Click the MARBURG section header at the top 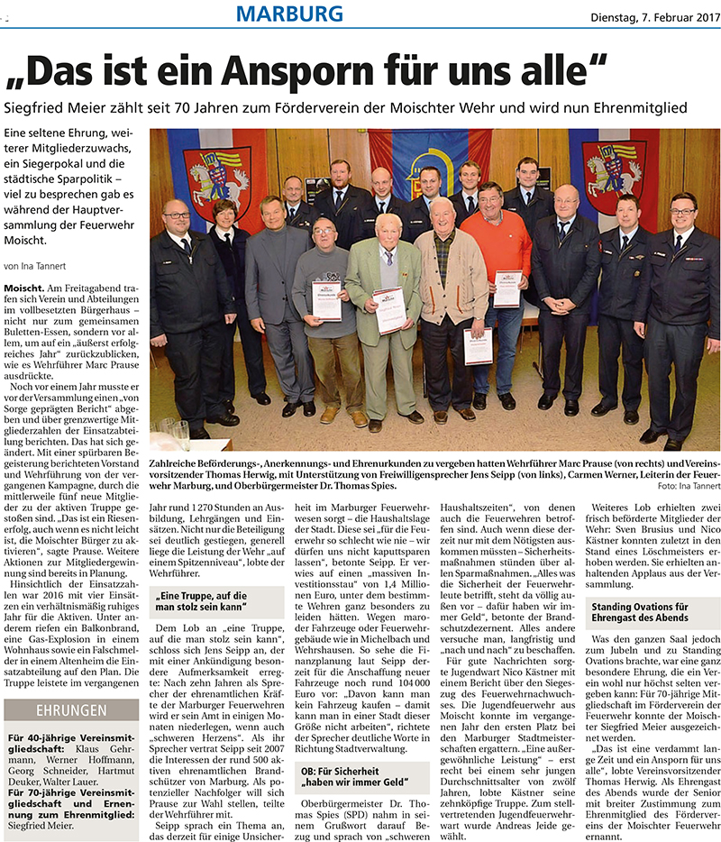(290, 14)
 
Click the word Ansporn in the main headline (328, 71)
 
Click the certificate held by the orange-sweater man (507, 288)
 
